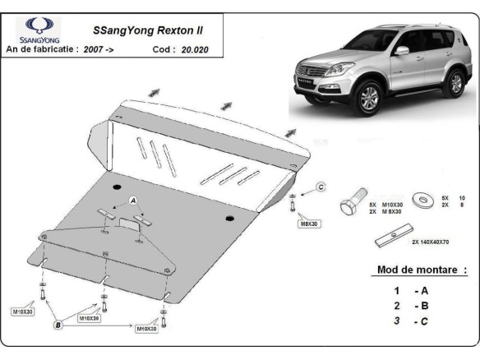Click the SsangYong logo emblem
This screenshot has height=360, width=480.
point(38,26)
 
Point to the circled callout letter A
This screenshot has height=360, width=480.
point(132,201)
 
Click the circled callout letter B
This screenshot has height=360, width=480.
point(58,325)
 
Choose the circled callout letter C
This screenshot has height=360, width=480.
point(321,188)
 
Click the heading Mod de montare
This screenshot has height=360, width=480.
point(421,270)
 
